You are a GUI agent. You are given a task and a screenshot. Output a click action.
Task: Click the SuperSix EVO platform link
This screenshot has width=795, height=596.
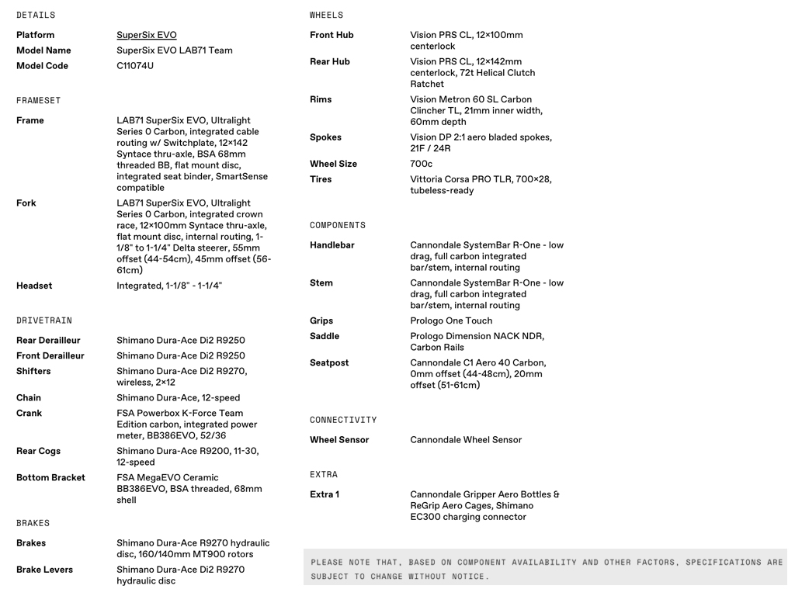point(147,35)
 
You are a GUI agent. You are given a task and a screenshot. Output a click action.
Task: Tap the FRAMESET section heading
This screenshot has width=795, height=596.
point(38,101)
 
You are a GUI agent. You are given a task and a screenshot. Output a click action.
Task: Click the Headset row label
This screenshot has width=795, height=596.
point(34,286)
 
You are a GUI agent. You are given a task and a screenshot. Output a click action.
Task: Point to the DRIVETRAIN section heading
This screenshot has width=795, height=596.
point(44,321)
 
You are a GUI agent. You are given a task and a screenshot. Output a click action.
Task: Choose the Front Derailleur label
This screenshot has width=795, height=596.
point(50,355)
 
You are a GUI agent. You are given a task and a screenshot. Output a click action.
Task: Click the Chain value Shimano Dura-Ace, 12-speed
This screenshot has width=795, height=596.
point(178,398)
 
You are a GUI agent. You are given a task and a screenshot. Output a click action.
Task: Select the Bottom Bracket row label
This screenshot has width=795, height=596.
point(50,477)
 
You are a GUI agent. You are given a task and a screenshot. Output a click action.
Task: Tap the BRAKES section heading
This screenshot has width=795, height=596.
point(33,523)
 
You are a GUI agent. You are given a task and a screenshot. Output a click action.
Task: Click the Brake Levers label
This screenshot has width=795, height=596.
point(44,570)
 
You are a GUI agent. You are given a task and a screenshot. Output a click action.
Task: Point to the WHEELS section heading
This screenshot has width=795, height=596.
point(326,16)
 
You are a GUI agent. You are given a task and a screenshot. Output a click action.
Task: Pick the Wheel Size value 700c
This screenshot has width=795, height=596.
point(421,164)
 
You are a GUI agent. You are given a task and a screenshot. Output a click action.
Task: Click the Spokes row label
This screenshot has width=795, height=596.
point(325,137)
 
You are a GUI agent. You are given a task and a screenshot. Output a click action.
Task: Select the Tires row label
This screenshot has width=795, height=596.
point(321,179)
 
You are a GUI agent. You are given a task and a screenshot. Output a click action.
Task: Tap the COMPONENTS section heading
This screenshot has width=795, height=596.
point(338,226)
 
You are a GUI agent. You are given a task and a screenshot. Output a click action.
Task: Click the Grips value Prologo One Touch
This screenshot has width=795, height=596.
point(451,321)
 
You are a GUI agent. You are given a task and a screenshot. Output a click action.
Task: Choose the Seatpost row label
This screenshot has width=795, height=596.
point(329,362)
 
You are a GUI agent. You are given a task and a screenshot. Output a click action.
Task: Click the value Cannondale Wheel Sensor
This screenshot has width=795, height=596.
point(466,440)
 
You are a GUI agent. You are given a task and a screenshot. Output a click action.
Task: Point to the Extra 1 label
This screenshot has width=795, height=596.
point(325,494)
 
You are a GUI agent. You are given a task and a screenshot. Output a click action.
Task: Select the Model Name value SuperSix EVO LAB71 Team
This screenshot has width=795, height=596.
point(175,50)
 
